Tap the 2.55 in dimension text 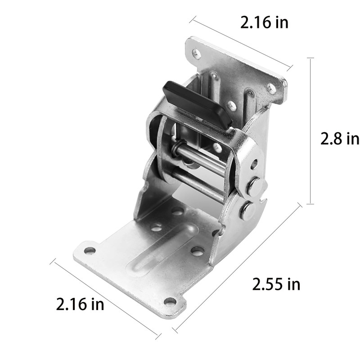pyautogui.click(x=276, y=284)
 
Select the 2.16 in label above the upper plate pyautogui.click(x=264, y=22)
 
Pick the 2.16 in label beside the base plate pyautogui.click(x=80, y=304)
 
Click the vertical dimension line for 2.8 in pyautogui.click(x=310, y=130)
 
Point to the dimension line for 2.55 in pyautogui.click(x=237, y=268)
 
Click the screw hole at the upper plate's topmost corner pyautogui.click(x=197, y=54)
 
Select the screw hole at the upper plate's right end pyautogui.click(x=271, y=88)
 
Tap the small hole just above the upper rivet pyautogui.click(x=254, y=164)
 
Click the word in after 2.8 pyautogui.click(x=351, y=139)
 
